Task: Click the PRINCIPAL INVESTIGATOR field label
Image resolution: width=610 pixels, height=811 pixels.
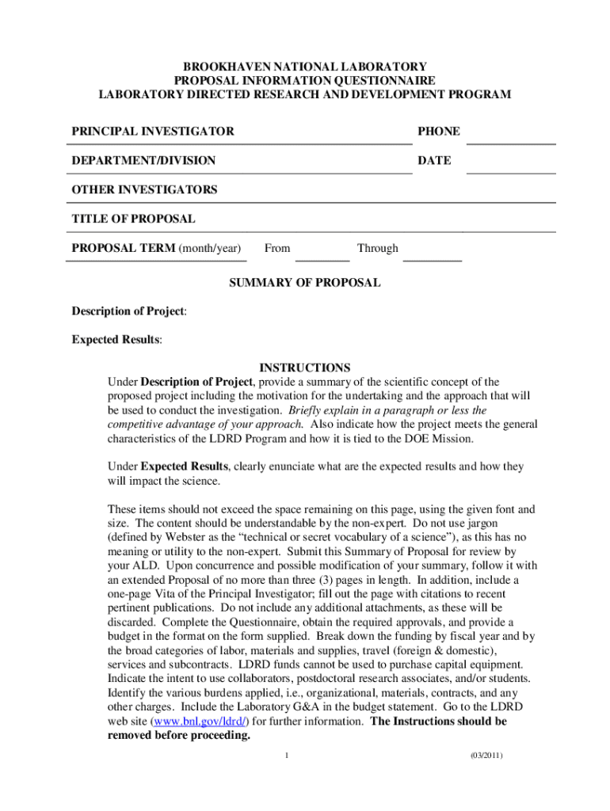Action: coord(153,131)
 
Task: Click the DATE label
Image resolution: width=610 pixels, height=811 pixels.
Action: coord(434,160)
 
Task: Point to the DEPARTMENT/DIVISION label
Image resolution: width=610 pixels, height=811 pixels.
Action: coord(143,160)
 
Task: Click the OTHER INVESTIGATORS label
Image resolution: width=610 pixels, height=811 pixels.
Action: coord(144,189)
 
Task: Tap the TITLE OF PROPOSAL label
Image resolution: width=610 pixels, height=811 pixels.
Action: coord(133,219)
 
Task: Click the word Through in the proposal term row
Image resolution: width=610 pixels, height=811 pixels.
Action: coord(377,248)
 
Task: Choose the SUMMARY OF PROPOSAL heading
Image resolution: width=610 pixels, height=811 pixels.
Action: coord(305,282)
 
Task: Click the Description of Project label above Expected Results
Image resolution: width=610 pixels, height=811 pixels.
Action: coord(128,311)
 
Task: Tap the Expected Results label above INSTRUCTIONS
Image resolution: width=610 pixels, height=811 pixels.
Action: coord(116,340)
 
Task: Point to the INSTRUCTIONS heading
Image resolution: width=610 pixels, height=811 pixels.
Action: coord(305,368)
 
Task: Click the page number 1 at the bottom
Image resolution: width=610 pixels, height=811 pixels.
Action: coord(288,755)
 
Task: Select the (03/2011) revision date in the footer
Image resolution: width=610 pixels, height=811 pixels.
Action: coord(486,755)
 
